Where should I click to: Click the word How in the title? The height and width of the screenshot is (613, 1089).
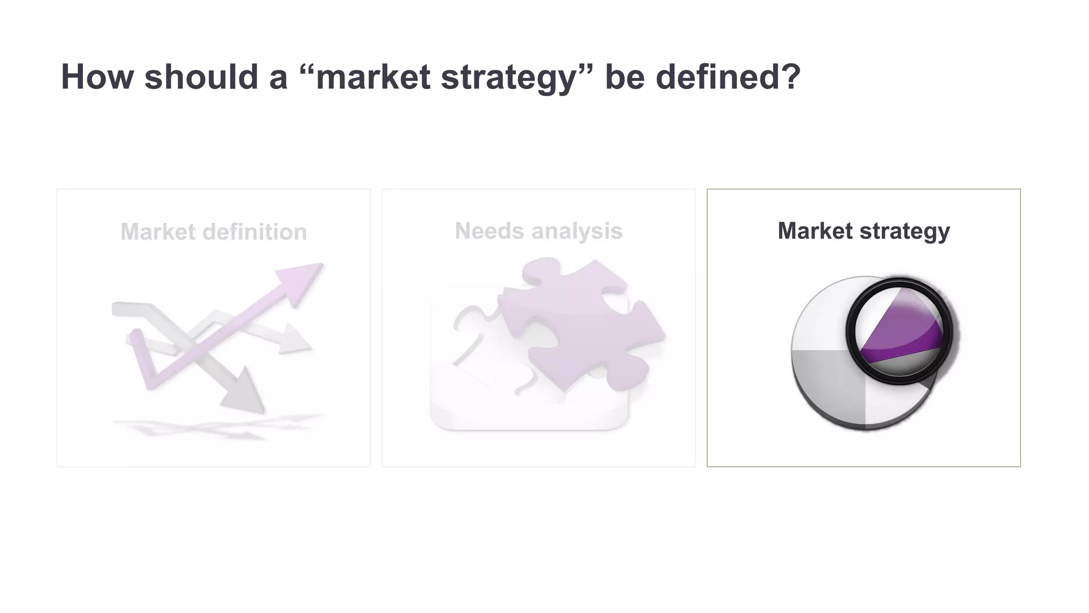97,77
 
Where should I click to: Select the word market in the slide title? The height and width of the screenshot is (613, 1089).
372,77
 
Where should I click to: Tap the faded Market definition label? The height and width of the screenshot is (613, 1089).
213,232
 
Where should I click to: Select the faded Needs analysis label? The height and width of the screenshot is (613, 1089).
538,231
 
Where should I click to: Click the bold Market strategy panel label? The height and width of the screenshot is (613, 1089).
863,231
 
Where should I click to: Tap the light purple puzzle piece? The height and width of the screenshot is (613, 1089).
580,319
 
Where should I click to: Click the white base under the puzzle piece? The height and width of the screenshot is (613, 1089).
479,410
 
